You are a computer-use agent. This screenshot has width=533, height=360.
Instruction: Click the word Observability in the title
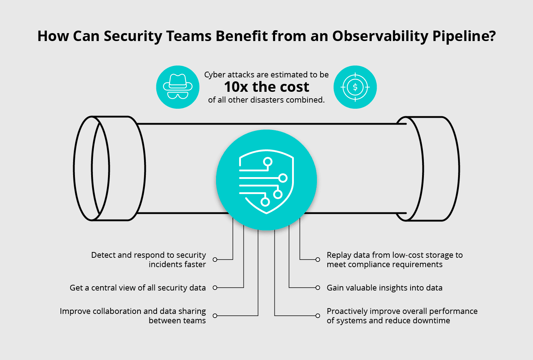click(x=380, y=36)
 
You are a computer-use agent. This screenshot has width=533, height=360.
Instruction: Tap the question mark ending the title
click(x=492, y=36)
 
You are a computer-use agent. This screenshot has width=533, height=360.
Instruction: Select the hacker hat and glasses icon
click(x=178, y=87)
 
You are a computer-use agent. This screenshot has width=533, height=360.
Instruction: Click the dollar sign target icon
click(x=355, y=87)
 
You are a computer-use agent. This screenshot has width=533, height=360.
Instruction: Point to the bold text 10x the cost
click(x=266, y=87)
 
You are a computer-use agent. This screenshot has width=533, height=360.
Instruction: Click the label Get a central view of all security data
click(x=138, y=288)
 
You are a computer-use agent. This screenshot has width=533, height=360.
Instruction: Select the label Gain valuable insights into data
click(x=384, y=288)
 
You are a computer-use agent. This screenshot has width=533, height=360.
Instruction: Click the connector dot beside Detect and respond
click(x=215, y=260)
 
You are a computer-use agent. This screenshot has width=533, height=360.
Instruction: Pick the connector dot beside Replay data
click(x=318, y=260)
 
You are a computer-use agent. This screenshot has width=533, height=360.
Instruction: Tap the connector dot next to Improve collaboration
click(x=215, y=316)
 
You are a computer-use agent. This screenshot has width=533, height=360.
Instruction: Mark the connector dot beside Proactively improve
click(x=318, y=316)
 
